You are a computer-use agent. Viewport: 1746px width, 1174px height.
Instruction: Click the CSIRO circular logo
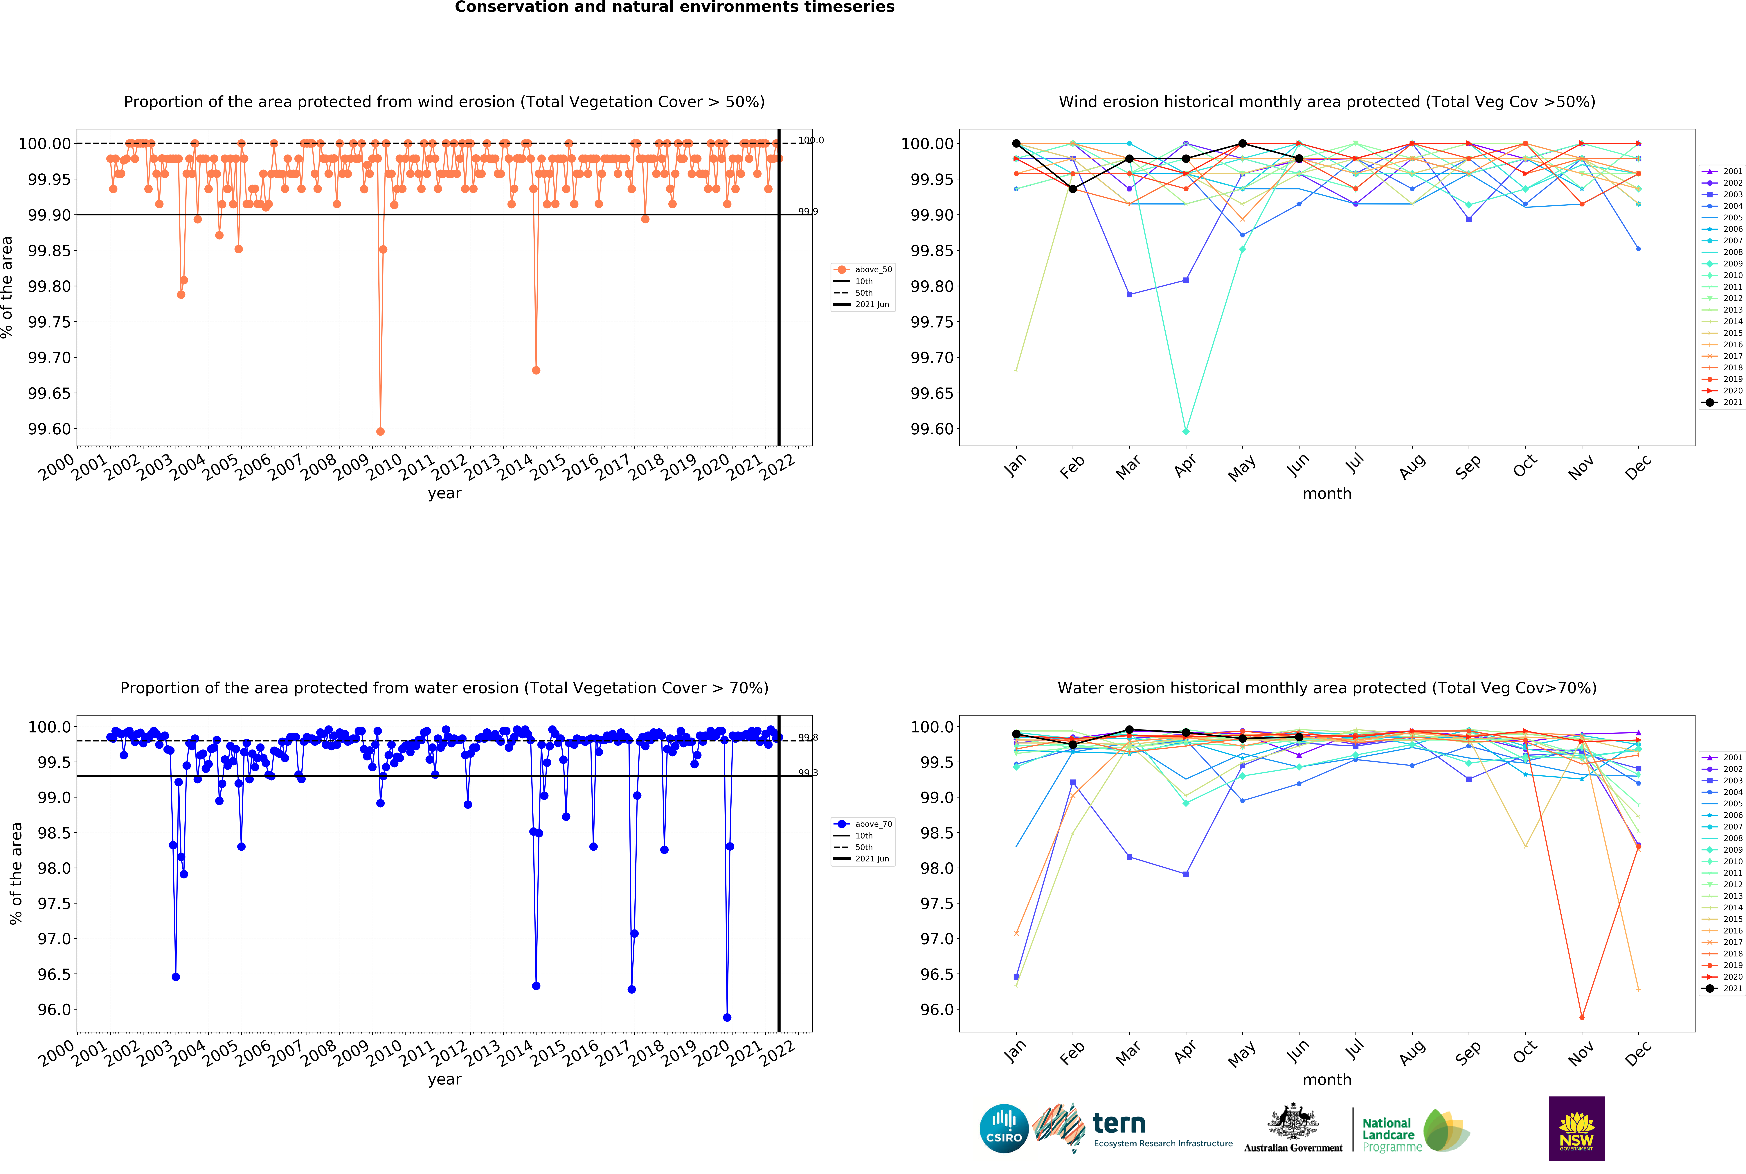[1004, 1128]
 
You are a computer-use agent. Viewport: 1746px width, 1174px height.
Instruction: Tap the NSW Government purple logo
[1576, 1128]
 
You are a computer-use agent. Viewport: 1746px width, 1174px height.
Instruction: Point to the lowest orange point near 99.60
[380, 431]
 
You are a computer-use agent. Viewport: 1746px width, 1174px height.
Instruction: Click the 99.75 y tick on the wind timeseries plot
[49, 322]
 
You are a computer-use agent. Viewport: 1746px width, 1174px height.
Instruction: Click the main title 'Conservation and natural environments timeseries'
[674, 8]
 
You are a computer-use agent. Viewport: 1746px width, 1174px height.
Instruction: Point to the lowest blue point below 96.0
[727, 1017]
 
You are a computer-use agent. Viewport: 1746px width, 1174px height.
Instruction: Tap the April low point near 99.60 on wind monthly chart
[1185, 431]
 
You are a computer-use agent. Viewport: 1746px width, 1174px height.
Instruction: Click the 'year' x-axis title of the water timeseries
[444, 1079]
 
